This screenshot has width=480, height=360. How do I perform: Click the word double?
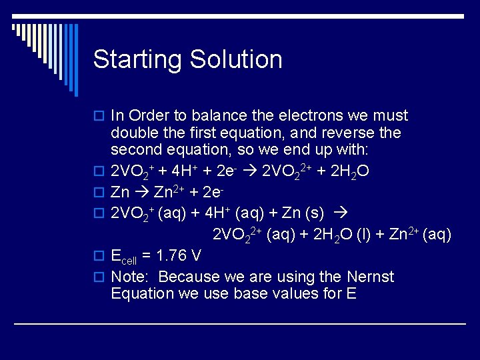(133, 133)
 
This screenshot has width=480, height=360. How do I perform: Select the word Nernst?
(370, 277)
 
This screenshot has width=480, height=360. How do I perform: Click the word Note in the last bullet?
(129, 277)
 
